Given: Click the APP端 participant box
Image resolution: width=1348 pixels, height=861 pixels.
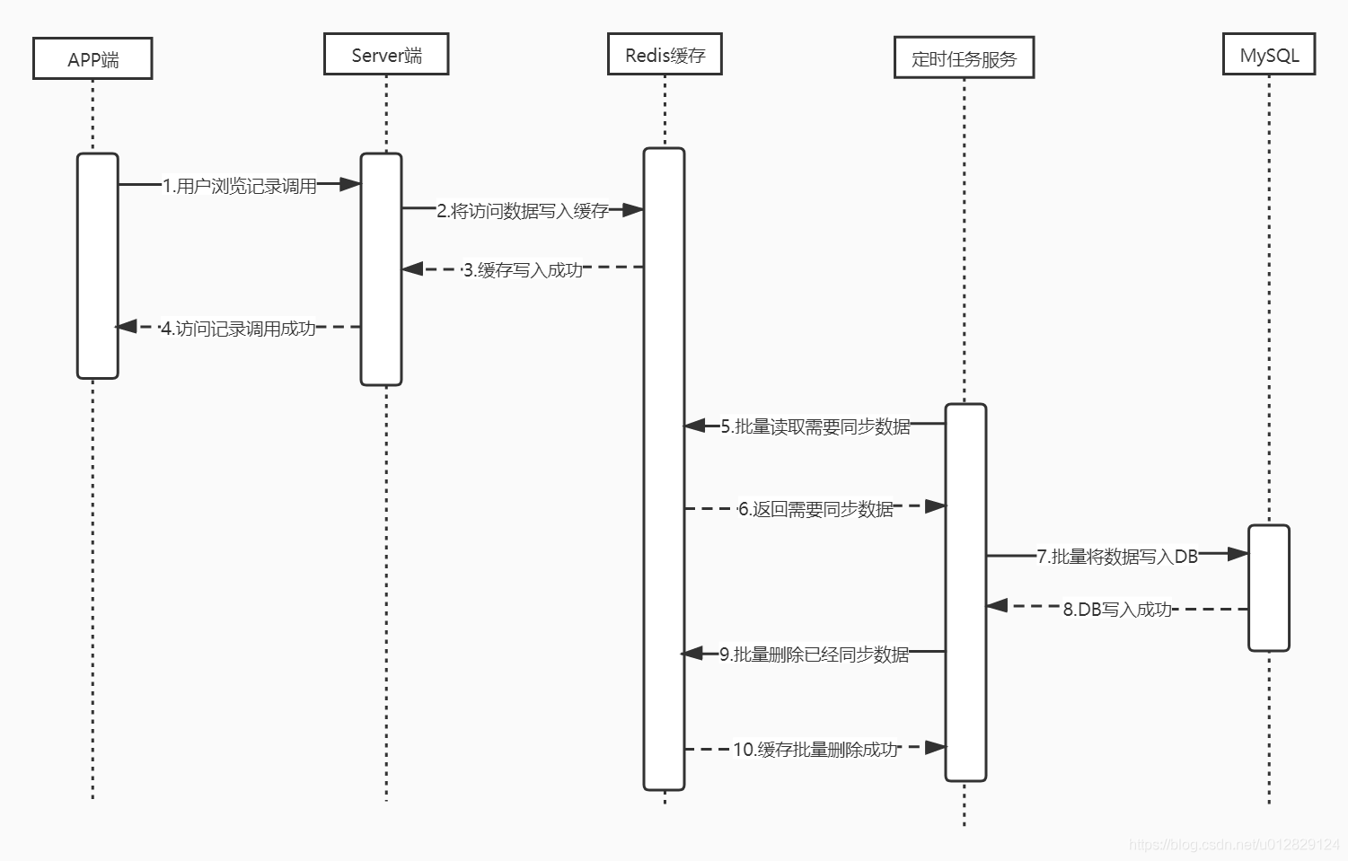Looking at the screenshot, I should (x=93, y=59).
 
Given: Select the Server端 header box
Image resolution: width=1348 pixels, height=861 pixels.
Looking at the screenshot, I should (x=386, y=55).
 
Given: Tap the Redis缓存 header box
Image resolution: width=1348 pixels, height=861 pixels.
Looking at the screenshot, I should (x=665, y=55).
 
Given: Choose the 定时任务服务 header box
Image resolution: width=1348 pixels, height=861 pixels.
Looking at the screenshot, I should (x=964, y=58).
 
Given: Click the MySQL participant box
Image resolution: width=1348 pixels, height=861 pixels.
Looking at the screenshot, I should (x=1269, y=55).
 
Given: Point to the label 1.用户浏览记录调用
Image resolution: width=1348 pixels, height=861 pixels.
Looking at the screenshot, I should (x=240, y=186).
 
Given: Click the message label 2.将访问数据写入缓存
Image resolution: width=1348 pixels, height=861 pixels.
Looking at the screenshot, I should (x=523, y=211).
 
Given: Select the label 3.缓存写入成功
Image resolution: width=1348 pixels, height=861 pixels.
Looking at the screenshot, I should (x=523, y=269).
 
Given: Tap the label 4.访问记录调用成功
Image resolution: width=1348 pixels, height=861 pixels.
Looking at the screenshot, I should (x=238, y=329).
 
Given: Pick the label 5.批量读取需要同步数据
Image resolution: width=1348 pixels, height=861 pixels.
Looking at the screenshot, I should (x=815, y=426).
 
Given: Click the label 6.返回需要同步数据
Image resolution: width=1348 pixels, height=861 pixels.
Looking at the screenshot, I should (x=815, y=509).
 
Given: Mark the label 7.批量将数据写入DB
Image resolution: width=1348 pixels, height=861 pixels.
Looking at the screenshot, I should (x=1117, y=557).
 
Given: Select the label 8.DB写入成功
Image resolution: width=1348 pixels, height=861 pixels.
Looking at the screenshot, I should (x=1117, y=610).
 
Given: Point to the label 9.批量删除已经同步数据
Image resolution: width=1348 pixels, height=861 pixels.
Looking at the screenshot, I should (x=814, y=655).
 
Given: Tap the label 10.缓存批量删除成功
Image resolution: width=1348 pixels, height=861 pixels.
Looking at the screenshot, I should (x=815, y=749).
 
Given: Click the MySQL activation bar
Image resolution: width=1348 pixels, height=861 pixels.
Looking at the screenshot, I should (x=1269, y=588).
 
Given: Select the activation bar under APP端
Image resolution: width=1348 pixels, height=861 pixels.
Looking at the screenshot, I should (x=97, y=266).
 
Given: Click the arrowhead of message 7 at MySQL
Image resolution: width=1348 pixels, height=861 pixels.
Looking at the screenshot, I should (x=1238, y=555).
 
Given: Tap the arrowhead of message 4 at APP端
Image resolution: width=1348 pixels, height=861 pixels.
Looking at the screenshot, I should (x=127, y=327).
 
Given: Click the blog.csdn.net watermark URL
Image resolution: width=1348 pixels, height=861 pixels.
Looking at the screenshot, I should (x=1234, y=844).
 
